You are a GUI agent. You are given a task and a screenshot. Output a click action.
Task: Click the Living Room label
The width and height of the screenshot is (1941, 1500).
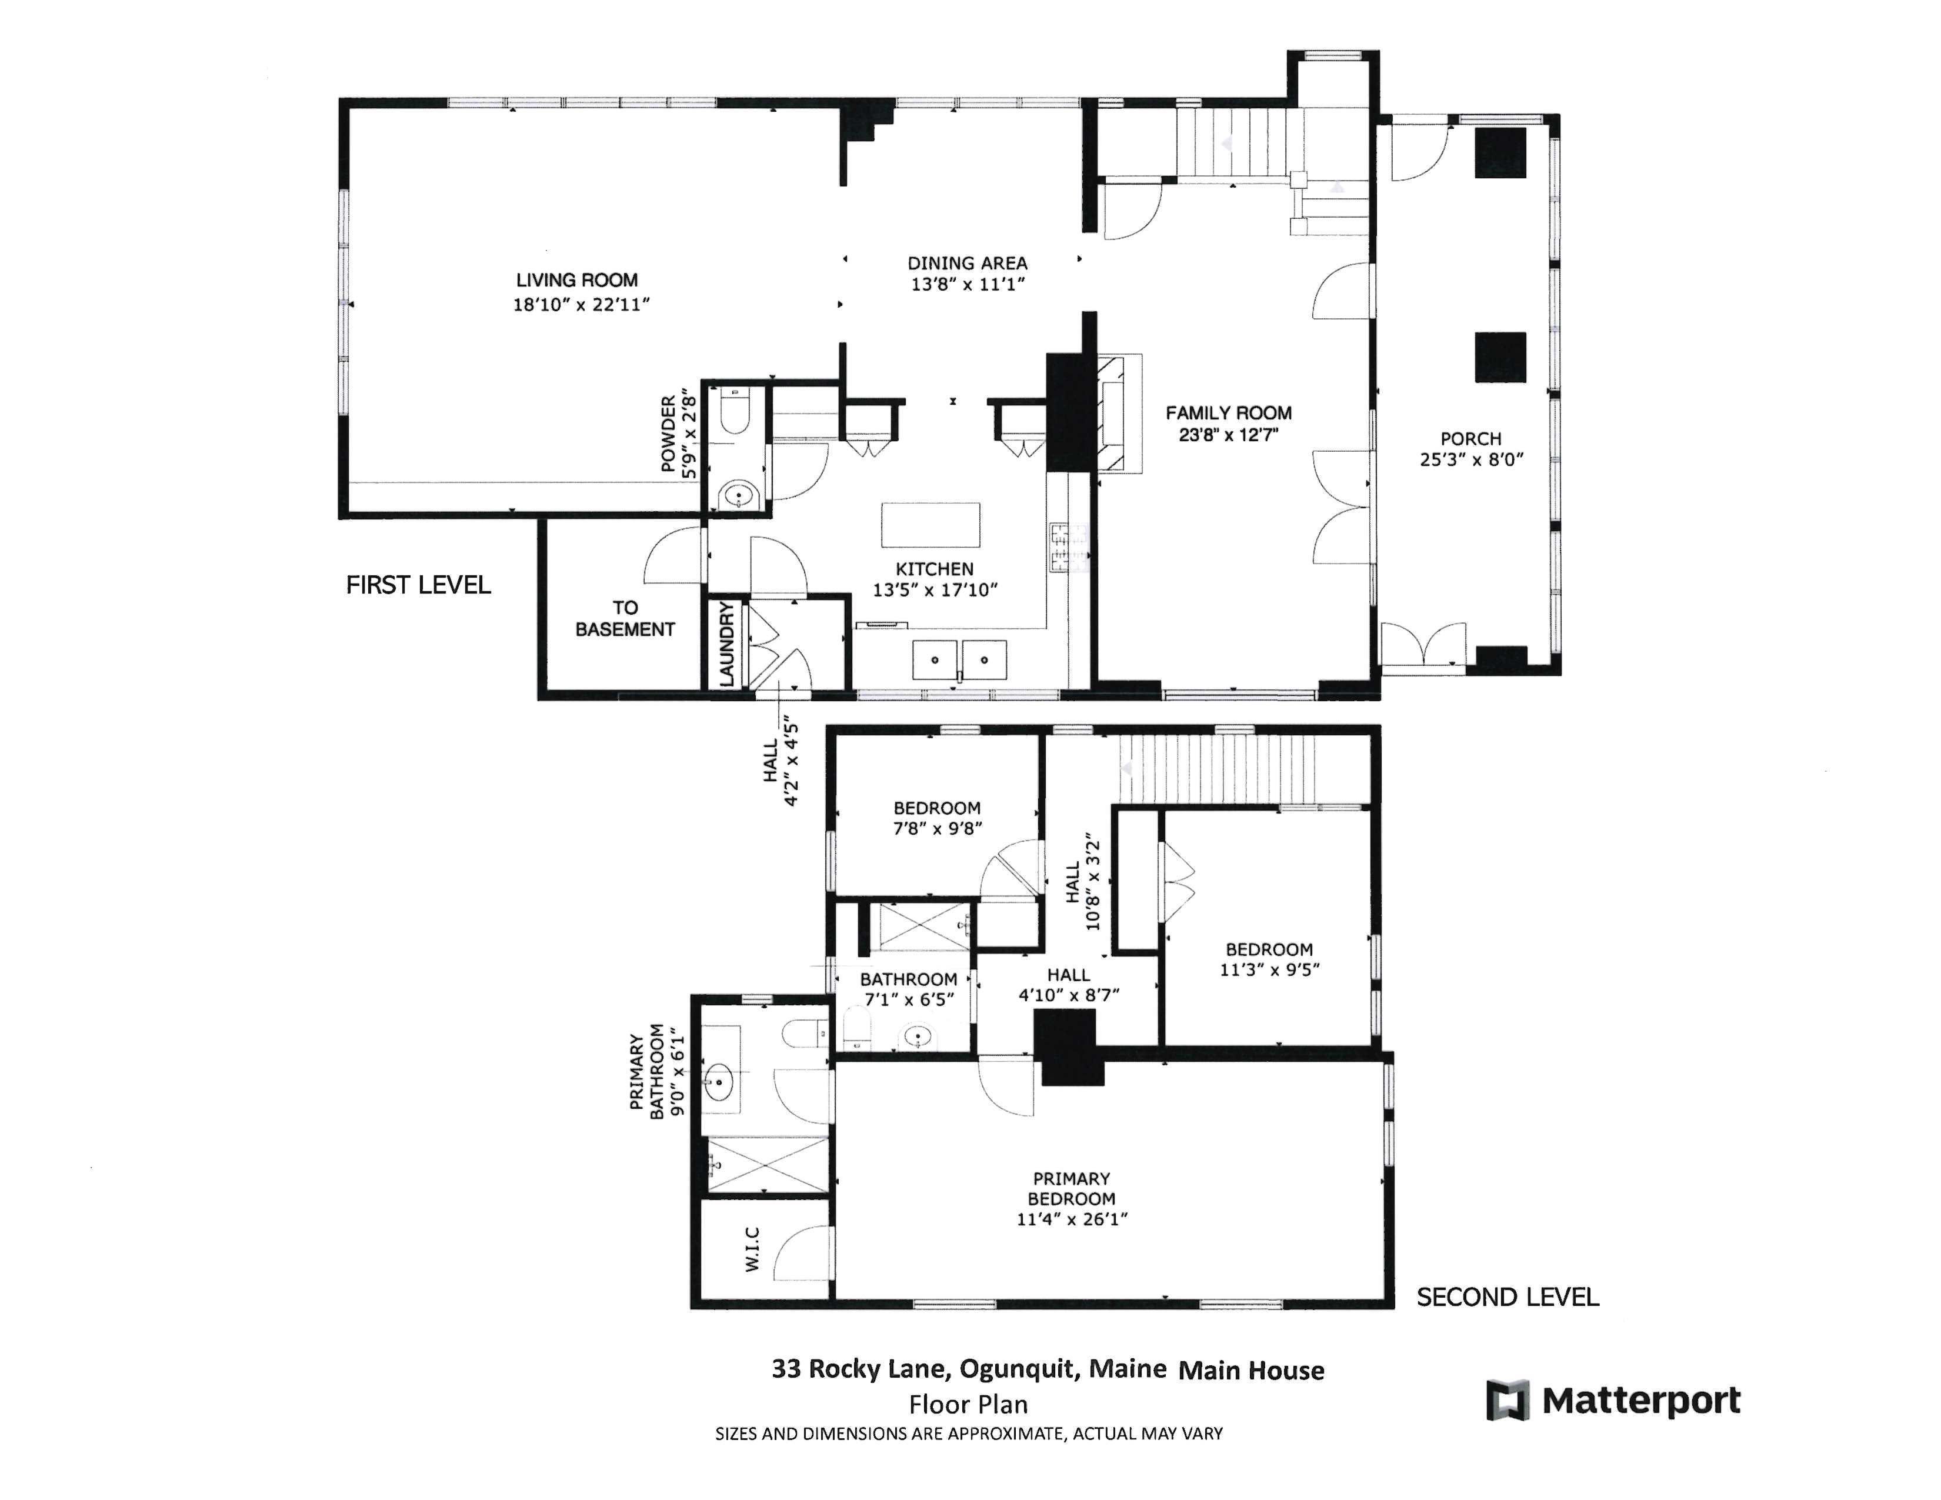577,281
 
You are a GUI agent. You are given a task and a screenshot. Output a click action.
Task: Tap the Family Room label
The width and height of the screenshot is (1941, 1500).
1228,413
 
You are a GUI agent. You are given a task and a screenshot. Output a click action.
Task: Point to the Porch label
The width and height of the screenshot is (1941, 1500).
1471,439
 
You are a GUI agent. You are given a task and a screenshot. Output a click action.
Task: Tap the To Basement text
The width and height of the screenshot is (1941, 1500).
625,618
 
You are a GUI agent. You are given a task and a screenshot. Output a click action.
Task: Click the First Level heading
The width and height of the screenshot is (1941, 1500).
418,585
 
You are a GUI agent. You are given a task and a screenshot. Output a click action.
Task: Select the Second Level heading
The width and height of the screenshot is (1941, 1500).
1508,1298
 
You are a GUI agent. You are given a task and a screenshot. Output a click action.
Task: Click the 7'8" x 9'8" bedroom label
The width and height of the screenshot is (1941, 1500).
937,818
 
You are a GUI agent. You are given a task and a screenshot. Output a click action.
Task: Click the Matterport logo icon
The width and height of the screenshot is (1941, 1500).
1508,1401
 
